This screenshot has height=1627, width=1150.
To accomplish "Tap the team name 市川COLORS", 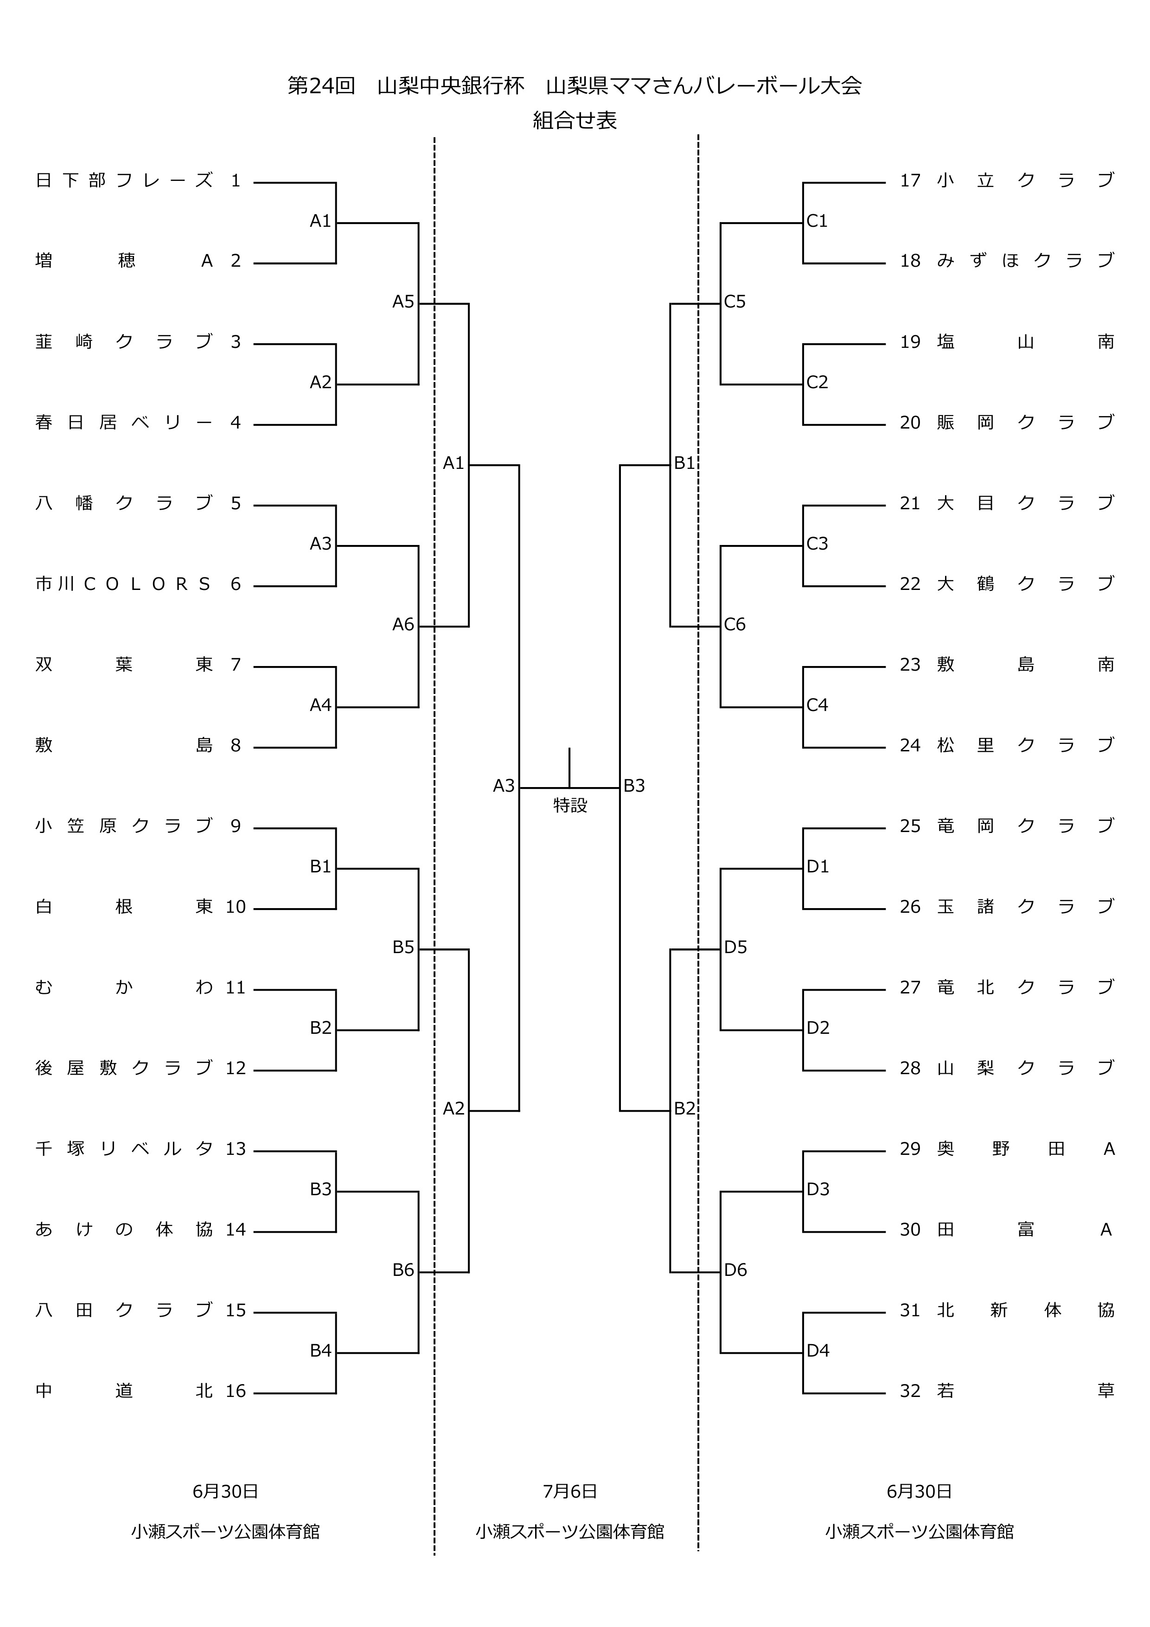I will [123, 584].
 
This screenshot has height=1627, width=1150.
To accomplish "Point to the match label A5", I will [403, 302].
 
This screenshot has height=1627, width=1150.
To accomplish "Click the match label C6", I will [735, 624].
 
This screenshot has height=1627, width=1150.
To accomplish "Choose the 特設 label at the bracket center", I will [570, 805].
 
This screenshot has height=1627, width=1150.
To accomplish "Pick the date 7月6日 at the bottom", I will [570, 1491].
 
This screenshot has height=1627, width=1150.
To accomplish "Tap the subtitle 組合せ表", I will [575, 121].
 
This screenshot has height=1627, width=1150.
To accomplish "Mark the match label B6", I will [403, 1270].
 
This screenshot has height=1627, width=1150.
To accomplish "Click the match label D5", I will [735, 948].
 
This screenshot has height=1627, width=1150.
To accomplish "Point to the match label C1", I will [817, 221].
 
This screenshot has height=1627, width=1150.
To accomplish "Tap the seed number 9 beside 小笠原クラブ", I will [236, 826].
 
